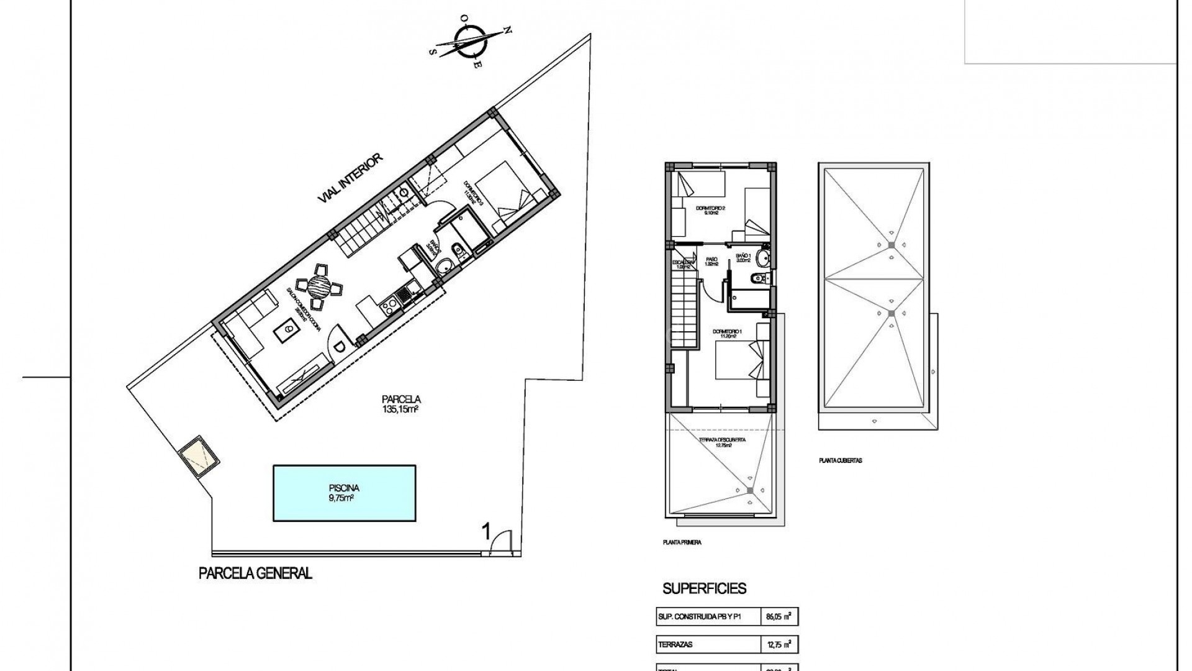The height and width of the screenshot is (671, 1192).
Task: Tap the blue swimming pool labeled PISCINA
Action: (345, 493)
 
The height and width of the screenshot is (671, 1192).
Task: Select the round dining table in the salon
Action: (320, 287)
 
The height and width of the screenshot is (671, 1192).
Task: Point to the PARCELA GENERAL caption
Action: (255, 573)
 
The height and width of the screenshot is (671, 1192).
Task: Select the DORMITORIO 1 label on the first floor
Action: (728, 335)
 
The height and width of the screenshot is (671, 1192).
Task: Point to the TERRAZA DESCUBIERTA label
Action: (722, 441)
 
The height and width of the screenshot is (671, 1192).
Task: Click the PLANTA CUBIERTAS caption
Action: (841, 461)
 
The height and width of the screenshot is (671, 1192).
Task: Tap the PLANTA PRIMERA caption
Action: (682, 542)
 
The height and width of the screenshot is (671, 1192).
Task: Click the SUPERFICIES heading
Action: (704, 588)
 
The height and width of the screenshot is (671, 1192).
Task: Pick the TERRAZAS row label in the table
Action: (675, 645)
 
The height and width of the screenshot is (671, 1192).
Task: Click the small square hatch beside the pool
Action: (199, 456)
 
